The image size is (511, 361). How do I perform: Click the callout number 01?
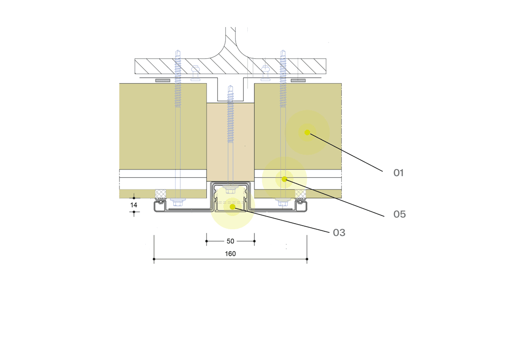click(399, 173)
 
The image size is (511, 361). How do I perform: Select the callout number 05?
click(400, 214)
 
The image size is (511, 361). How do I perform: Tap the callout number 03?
click(339, 232)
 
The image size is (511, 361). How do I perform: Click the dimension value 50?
click(230, 241)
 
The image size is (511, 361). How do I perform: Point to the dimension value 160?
click(230, 254)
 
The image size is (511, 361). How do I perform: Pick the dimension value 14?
click(133, 205)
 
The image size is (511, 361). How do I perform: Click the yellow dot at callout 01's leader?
click(307, 132)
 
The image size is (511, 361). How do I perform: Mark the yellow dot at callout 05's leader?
click(284, 179)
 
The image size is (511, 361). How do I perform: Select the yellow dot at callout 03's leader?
click(233, 207)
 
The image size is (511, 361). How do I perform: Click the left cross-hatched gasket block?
click(160, 194)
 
